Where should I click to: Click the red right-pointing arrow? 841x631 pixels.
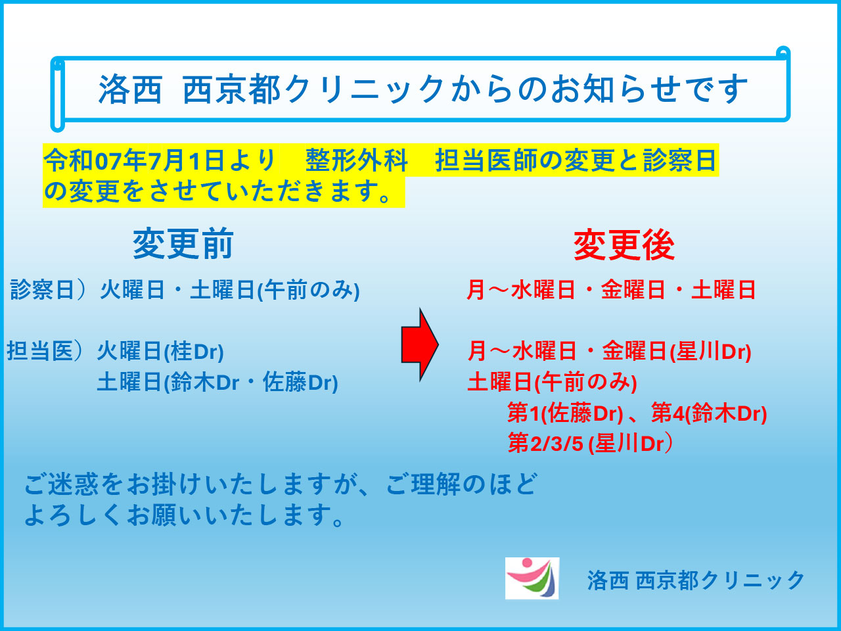coord(420,345)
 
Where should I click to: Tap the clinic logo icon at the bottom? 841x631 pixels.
coord(532,578)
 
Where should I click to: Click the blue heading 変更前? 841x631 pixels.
coord(183,244)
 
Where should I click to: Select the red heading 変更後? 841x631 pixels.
coord(624,245)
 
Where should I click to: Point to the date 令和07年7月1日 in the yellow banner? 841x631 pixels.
coord(134,160)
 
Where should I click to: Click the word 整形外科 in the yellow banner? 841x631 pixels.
coord(356,160)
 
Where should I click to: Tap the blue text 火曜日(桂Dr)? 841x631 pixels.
coord(160,351)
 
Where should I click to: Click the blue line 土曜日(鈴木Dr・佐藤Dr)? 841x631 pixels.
coord(217,382)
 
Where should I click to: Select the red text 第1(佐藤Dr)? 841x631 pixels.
coord(565,413)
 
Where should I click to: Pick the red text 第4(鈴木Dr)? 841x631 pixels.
coord(709,413)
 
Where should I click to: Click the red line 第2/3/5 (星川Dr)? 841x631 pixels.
coord(590,443)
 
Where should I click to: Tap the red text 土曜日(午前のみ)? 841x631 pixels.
coord(552,383)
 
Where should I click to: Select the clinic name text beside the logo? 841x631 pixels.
coord(695,580)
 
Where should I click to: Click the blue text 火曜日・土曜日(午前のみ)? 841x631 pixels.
coord(230,290)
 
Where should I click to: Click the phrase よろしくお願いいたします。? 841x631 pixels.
coord(185,515)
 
